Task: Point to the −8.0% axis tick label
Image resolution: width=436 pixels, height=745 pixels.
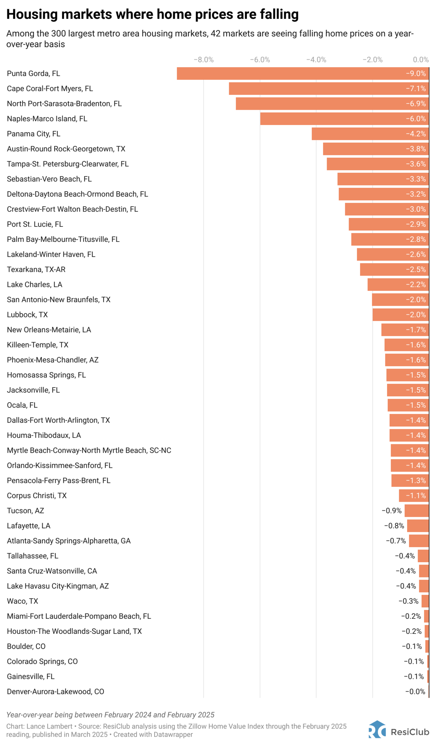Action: click(x=203, y=60)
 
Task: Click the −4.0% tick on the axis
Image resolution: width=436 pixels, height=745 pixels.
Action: click(x=316, y=60)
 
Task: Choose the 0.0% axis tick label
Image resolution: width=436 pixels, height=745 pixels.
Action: click(x=421, y=60)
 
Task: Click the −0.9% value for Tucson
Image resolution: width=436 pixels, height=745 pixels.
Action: click(x=391, y=511)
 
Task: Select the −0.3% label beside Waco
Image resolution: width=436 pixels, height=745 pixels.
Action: click(x=408, y=601)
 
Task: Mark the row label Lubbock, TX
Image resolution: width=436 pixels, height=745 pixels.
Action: click(x=27, y=315)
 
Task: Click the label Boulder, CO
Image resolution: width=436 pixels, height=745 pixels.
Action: click(x=26, y=646)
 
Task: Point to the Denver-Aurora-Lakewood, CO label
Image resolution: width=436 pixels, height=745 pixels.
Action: click(x=55, y=692)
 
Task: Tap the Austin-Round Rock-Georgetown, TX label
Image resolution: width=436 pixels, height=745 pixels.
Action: click(x=66, y=149)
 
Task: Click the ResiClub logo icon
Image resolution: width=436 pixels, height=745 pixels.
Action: click(x=377, y=729)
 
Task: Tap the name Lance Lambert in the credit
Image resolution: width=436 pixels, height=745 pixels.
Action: click(x=49, y=726)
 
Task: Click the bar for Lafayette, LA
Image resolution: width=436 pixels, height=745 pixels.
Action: click(x=418, y=526)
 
